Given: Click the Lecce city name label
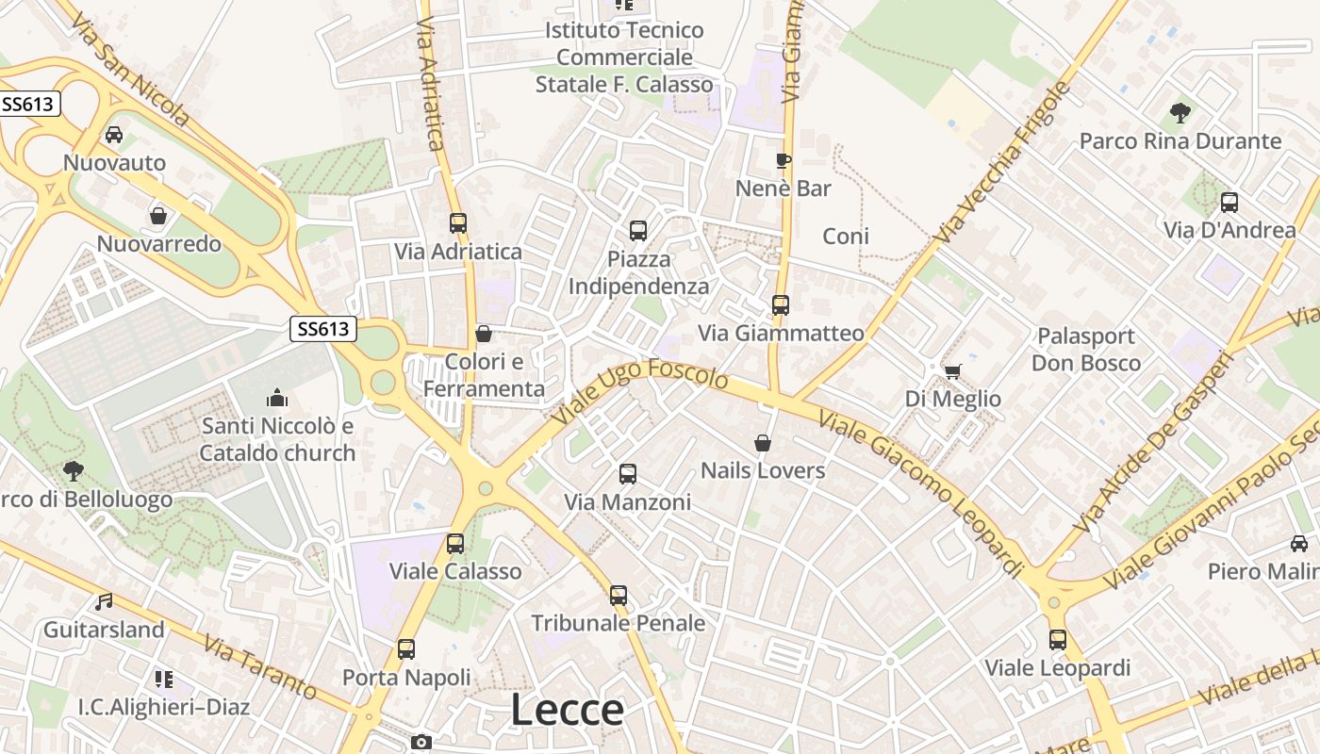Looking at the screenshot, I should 567,710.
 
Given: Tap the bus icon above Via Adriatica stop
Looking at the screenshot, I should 458,223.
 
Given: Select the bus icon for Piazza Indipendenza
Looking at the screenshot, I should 638,230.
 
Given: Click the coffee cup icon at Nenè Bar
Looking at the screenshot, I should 783,160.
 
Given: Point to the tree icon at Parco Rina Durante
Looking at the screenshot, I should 1180,113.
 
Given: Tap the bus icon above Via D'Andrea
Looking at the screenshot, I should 1229,202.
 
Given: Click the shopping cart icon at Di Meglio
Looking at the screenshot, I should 952,371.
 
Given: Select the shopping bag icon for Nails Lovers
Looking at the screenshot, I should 763,442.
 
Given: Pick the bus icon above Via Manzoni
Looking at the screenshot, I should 628,474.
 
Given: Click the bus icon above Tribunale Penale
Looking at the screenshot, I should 619,595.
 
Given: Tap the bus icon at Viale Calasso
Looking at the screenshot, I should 455,543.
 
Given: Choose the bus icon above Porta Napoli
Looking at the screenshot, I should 406,648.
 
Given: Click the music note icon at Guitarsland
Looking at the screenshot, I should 104,601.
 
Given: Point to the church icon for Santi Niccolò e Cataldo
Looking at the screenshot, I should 276,398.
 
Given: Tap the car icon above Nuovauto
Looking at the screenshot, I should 114,135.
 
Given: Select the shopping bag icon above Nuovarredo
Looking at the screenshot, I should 158,216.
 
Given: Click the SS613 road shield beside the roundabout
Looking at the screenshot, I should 323,329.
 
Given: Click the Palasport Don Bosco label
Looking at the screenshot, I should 1085,350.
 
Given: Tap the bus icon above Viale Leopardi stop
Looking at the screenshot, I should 1058,640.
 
